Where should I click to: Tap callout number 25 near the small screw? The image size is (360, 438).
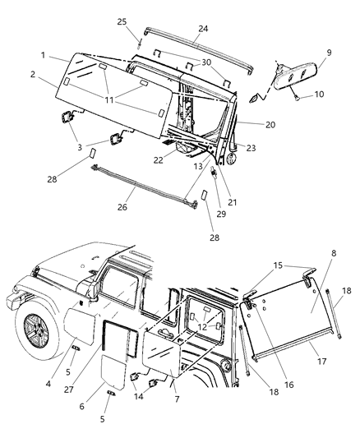(x=145, y=21)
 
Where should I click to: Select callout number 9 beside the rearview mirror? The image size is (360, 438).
(x=329, y=53)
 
